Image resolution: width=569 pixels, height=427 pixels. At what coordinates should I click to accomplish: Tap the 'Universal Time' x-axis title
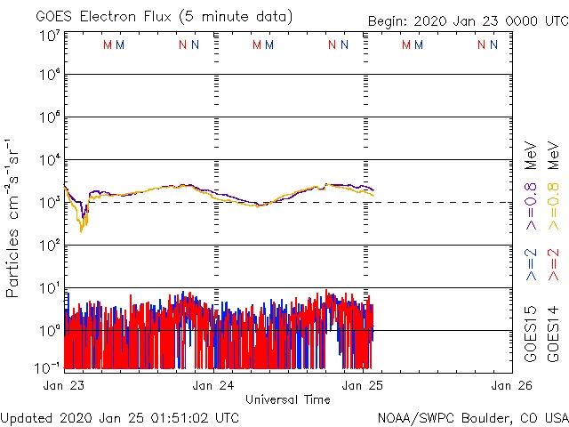point(287,399)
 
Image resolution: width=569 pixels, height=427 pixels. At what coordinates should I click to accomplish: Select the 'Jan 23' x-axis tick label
point(64,386)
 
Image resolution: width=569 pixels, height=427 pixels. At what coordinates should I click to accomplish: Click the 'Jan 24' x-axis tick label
point(213,386)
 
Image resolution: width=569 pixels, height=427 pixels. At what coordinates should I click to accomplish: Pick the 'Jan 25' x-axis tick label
point(363,386)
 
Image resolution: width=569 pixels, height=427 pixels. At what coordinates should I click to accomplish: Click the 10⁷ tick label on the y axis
point(48,36)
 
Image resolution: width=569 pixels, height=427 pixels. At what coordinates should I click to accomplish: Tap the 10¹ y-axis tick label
point(48,288)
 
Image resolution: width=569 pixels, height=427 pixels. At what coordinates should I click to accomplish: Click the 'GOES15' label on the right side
point(531,336)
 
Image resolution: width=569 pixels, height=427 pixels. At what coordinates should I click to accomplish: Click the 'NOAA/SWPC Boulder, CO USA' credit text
point(471,417)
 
